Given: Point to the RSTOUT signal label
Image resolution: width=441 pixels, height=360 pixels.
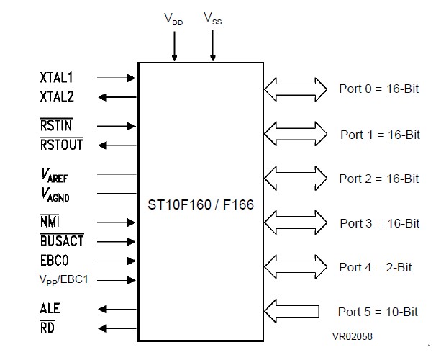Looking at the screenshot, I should pyautogui.click(x=61, y=145).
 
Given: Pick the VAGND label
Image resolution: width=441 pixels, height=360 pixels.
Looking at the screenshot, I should pyautogui.click(x=55, y=193).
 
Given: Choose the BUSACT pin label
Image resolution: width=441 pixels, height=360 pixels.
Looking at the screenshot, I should pyautogui.click(x=62, y=242).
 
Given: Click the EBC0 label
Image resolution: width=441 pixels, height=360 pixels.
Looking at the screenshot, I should pyautogui.click(x=55, y=260).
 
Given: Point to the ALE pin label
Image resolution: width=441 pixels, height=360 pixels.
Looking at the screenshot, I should pyautogui.click(x=50, y=309).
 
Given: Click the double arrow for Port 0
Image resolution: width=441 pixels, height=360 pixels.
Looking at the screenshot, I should pyautogui.click(x=295, y=89).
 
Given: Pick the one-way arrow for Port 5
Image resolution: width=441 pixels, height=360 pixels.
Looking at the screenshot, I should pyautogui.click(x=292, y=311).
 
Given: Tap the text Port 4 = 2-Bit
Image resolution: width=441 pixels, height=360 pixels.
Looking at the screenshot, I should pyautogui.click(x=375, y=267).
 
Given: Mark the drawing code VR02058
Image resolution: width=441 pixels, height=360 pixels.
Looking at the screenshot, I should pyautogui.click(x=353, y=336).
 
